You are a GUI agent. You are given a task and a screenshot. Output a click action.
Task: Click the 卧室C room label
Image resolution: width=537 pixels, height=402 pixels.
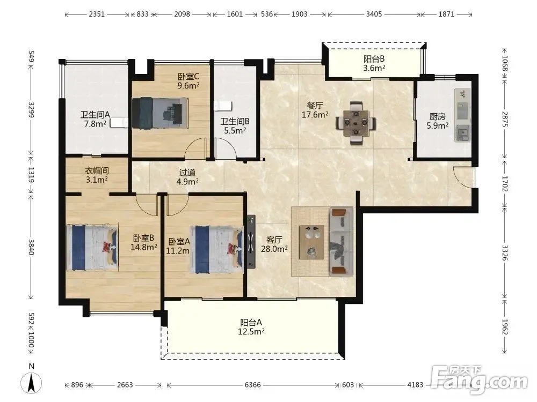(188, 81)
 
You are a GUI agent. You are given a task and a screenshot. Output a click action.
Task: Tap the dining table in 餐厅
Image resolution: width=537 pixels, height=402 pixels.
(356, 122)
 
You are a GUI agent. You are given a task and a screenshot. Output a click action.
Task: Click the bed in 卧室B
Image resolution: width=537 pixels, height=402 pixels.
(92, 248)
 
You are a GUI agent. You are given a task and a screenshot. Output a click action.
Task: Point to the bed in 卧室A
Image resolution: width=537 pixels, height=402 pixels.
(218, 250)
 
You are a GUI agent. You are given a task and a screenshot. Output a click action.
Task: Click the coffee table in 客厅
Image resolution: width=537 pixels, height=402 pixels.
(311, 242)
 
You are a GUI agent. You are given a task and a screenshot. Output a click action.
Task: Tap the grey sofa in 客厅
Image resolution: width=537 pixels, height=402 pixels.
(341, 242)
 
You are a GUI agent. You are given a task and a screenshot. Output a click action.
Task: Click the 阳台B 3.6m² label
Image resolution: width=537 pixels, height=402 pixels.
(374, 63)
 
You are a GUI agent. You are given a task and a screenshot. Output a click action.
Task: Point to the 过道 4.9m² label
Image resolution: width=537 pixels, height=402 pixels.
(187, 177)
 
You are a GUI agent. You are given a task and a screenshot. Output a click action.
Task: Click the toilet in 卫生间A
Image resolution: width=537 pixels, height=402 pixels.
(119, 123)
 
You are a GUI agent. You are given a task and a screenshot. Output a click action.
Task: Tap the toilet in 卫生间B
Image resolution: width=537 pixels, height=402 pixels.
(223, 106)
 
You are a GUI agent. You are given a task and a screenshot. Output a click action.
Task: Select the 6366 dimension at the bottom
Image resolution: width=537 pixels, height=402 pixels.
(252, 385)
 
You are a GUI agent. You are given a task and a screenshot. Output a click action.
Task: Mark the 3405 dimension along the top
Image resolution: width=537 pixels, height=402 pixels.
(374, 14)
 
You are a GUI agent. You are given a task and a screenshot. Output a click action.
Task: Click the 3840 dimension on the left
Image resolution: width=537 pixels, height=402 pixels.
(31, 247)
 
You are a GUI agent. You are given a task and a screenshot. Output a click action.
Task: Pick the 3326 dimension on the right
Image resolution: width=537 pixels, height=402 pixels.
(505, 252)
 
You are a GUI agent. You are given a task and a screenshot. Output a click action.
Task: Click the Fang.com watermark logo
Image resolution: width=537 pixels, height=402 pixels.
(480, 379)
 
